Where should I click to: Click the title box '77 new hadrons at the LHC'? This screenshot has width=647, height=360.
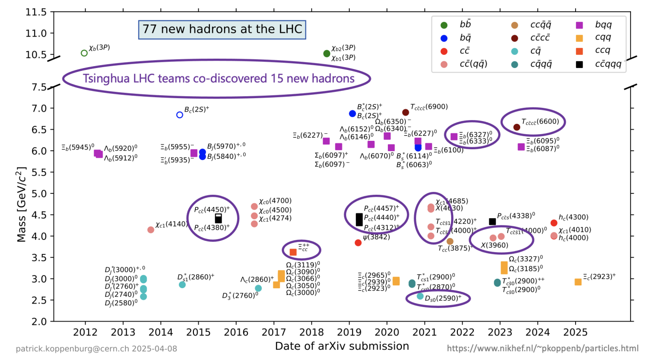222,30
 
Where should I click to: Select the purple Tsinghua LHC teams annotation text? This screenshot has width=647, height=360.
218,78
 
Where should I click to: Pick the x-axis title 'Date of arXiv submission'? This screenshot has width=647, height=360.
342,346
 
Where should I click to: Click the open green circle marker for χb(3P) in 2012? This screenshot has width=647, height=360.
84,53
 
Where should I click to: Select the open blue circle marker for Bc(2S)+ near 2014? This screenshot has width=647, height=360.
179,115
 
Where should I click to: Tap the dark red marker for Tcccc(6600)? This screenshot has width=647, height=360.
516,127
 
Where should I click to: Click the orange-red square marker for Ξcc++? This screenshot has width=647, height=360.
293,252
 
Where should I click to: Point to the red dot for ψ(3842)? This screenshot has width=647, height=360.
358,243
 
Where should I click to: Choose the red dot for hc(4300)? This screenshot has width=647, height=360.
554,223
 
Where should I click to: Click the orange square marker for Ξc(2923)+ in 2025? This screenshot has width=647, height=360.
578,282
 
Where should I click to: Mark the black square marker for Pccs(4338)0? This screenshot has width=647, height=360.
492,222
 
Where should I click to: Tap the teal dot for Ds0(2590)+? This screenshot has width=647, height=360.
420,296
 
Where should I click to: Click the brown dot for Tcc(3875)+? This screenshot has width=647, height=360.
450,241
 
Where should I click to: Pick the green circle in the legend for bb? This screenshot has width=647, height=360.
444,24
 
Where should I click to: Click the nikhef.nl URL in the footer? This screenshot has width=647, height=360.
542,348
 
